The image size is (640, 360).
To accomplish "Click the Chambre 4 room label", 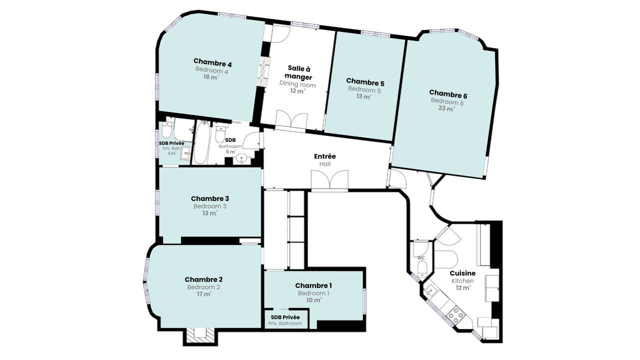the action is pos(212,62).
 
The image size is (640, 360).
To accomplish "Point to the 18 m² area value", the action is pos(211,77).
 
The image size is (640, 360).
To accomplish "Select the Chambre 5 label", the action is pos(365,82).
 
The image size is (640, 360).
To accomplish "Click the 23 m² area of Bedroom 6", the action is pos(446,108).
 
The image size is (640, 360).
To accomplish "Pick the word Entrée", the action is pos(325,156).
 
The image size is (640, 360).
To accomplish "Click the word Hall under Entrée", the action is pos(325,164).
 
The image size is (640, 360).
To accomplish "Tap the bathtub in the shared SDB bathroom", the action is pos(202,142).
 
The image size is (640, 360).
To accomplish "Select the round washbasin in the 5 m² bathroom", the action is pos(242,158).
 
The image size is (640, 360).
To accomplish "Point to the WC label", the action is pos(421,257).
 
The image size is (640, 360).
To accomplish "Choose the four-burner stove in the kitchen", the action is pos(455,315).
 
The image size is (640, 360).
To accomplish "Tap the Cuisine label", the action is pos(462,273).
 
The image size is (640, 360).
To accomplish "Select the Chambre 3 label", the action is pos(210,198).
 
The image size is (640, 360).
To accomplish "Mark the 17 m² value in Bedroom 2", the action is pos(203,294).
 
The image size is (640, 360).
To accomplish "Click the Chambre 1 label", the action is pos(313,285).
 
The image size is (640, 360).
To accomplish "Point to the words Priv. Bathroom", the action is pos(285,323).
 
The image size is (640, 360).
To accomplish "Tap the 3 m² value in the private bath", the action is pos(171,153).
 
